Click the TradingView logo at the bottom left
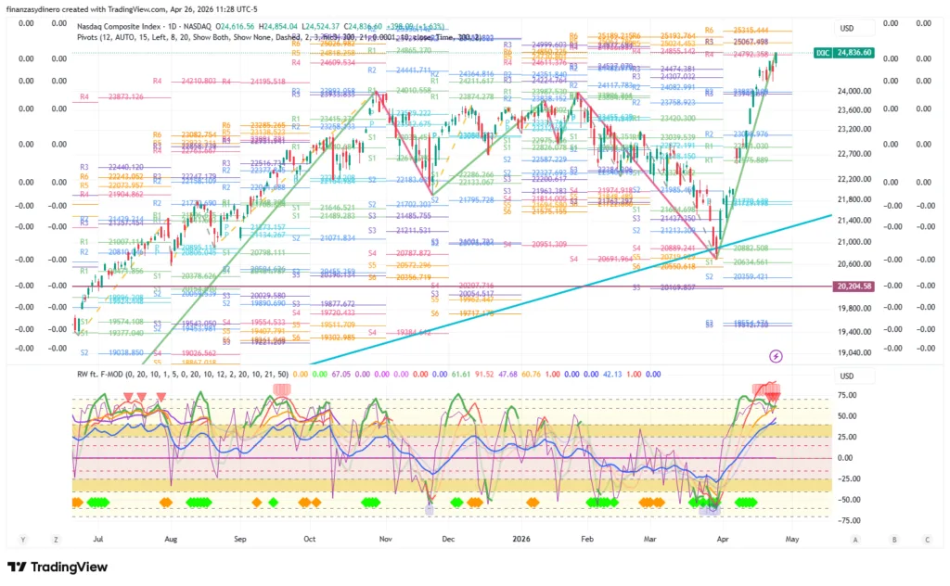(58, 567)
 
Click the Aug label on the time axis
(171, 538)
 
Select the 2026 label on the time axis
(520, 538)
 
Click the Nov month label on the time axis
(384, 538)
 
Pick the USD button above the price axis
(846, 28)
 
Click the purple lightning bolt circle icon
(776, 356)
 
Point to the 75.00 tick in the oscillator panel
(846, 394)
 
